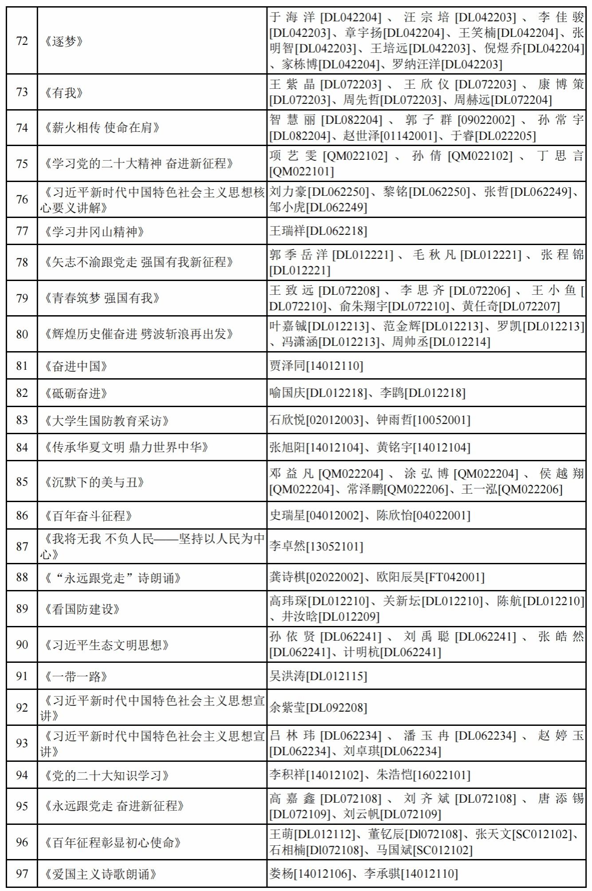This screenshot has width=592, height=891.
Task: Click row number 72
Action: (x=22, y=41)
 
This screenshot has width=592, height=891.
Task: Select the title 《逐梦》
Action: (x=64, y=41)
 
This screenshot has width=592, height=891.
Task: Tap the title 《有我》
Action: (x=64, y=93)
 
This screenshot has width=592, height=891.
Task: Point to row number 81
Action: (x=22, y=366)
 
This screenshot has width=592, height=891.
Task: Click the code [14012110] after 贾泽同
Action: (x=335, y=366)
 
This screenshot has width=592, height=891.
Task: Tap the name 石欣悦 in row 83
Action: (x=288, y=420)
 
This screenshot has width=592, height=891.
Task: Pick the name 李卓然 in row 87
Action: (x=288, y=546)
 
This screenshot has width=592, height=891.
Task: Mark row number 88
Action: (x=22, y=577)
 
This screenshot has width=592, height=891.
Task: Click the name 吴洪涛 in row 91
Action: (x=288, y=676)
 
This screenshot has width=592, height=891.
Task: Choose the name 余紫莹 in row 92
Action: (x=288, y=708)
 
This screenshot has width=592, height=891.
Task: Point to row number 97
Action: (x=22, y=874)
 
